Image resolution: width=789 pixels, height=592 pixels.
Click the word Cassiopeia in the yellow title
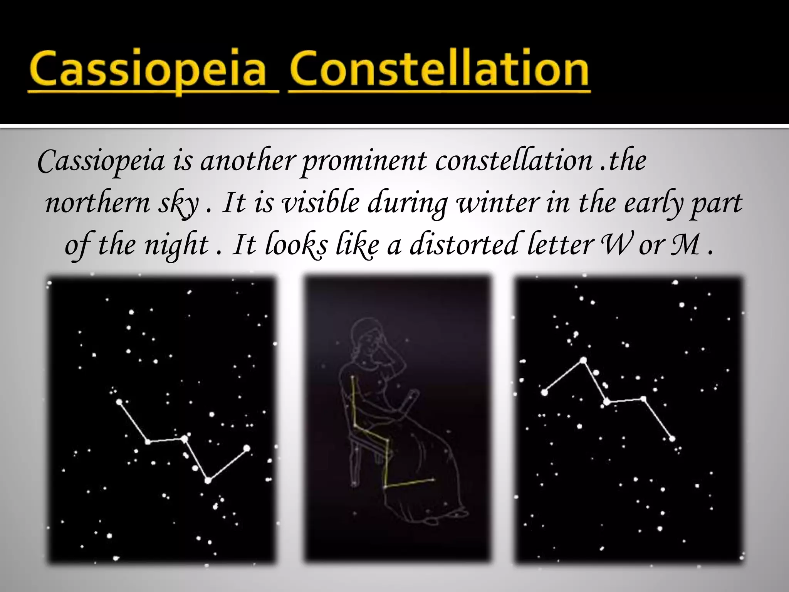(153, 71)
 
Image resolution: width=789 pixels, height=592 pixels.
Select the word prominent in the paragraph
(364, 161)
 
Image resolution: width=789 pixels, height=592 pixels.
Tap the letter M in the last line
(685, 245)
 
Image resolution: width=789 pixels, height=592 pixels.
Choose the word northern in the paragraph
(97, 203)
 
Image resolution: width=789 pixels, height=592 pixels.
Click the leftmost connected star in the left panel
(119, 402)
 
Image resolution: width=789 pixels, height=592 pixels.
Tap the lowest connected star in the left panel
(208, 480)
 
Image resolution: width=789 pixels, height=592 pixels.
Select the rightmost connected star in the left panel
(247, 448)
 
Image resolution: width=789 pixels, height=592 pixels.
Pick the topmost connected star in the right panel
(583, 360)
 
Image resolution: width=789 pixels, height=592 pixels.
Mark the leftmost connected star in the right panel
(544, 392)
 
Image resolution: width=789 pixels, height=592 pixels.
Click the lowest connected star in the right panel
(672, 439)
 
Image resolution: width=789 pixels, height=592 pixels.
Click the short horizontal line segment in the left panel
(166, 440)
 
